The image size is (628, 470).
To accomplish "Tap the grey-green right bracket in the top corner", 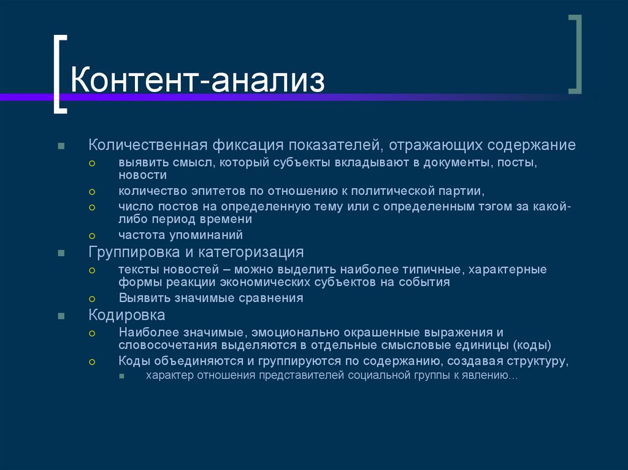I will pyautogui.click(x=575, y=55).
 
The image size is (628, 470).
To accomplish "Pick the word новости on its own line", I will pyautogui.click(x=143, y=175).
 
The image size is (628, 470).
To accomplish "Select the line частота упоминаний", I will pyautogui.click(x=181, y=235).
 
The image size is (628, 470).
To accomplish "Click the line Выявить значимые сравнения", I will pyautogui.click(x=211, y=298).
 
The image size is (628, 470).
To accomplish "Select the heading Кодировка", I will pyautogui.click(x=127, y=316).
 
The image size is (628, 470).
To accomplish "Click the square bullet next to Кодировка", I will pyautogui.click(x=61, y=316).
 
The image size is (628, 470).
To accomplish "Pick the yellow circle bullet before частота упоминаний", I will pyautogui.click(x=92, y=235).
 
